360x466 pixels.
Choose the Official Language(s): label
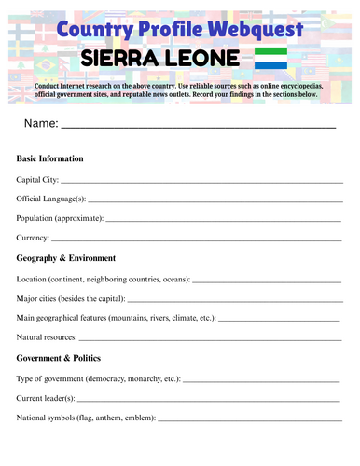(51, 199)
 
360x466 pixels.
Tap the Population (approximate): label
(60, 218)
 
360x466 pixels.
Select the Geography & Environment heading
(66, 258)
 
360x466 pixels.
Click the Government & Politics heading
(64, 358)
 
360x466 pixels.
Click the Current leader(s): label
(52, 398)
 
